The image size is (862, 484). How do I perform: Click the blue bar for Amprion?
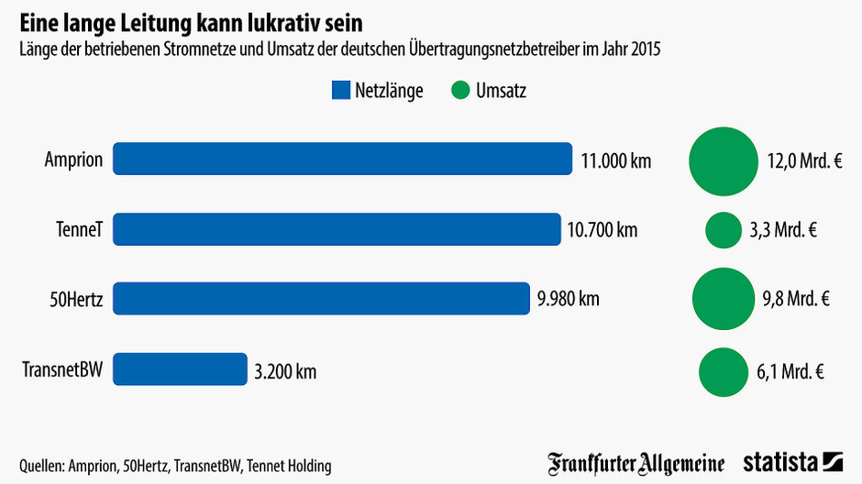pos(342,159)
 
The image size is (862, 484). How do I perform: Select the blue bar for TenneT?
pos(337,229)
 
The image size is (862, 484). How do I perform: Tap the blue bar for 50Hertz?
pos(321,299)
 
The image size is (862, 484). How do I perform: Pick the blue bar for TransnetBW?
pos(180,369)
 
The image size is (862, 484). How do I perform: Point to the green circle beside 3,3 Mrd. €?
pos(723,230)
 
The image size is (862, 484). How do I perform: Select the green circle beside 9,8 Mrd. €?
pos(723,299)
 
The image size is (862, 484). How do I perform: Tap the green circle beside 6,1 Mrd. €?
pos(723,371)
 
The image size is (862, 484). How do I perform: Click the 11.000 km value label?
pos(616,161)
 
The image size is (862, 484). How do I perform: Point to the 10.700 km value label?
pos(602,230)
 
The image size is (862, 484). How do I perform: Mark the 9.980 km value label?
pos(569,299)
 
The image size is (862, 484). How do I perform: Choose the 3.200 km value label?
pos(285,371)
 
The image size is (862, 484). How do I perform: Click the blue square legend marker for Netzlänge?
pos(340,90)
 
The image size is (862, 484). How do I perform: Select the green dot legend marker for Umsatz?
pos(460,90)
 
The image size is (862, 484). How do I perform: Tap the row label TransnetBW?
pos(62,370)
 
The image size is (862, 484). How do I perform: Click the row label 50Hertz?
pos(75,299)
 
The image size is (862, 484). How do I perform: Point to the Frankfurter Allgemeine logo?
pos(636,464)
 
